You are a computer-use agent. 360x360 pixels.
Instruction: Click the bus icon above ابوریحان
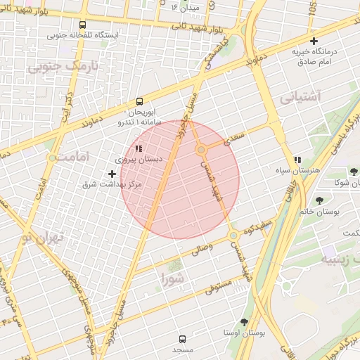tap(139, 101)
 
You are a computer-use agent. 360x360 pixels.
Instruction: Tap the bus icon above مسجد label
tap(183, 338)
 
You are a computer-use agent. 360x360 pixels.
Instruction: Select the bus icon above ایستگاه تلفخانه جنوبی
tap(83, 25)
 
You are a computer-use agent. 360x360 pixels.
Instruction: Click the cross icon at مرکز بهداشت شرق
tap(112, 173)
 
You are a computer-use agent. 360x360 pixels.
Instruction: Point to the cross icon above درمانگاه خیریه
tap(314, 41)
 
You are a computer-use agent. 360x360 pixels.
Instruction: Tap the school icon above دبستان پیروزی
tap(138, 148)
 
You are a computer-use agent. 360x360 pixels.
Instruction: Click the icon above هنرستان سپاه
tap(298, 160)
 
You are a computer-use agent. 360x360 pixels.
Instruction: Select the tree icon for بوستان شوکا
tap(354, 171)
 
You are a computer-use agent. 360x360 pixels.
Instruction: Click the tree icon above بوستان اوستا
tap(244, 321)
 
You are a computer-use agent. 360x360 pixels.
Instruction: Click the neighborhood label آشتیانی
tap(300, 97)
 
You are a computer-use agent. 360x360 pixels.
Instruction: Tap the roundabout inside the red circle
tap(201, 150)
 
